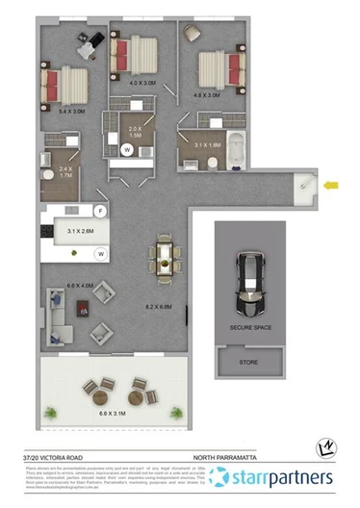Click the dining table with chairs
click(x=166, y=258)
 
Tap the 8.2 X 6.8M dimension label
click(x=157, y=306)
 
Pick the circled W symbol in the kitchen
click(x=99, y=254)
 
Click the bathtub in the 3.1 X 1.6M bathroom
click(x=238, y=151)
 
